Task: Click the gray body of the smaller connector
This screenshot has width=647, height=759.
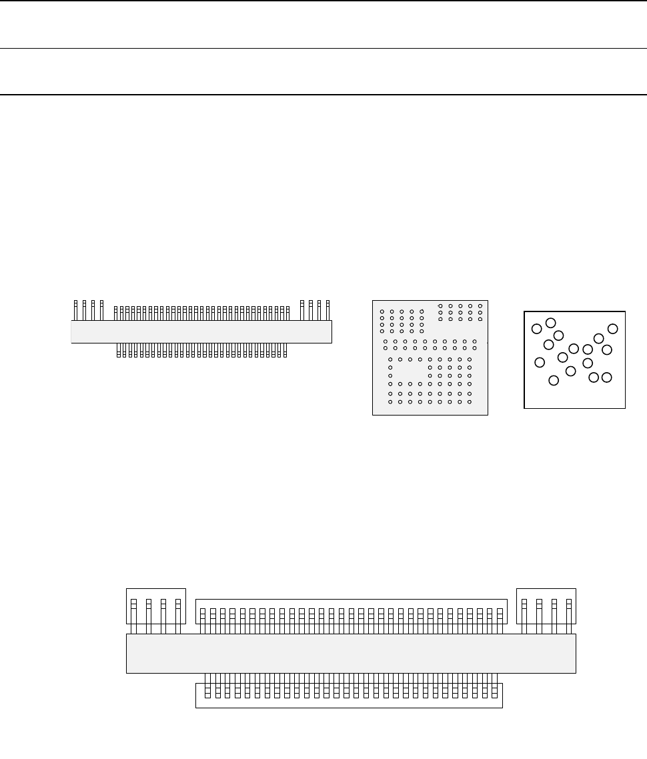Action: click(201, 331)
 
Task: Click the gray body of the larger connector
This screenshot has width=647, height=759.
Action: click(351, 654)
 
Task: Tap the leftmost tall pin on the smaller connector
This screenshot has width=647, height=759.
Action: click(75, 310)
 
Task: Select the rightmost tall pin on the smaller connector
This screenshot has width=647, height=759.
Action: click(328, 310)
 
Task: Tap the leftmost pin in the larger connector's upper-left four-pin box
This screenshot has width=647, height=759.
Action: click(133, 610)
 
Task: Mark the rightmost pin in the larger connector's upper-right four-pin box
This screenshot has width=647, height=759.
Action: click(569, 610)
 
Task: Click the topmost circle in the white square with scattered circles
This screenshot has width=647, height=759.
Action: click(551, 323)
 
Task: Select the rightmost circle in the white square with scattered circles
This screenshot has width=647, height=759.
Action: click(614, 328)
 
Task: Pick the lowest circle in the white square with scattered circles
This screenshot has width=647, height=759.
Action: click(554, 380)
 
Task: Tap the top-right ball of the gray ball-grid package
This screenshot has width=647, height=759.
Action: click(480, 306)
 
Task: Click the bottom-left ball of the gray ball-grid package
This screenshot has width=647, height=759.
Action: click(390, 402)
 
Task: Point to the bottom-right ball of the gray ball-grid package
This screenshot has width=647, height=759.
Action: click(470, 402)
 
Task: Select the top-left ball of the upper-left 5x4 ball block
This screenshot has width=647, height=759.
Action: click(382, 311)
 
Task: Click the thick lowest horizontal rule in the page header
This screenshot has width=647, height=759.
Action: click(323, 95)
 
